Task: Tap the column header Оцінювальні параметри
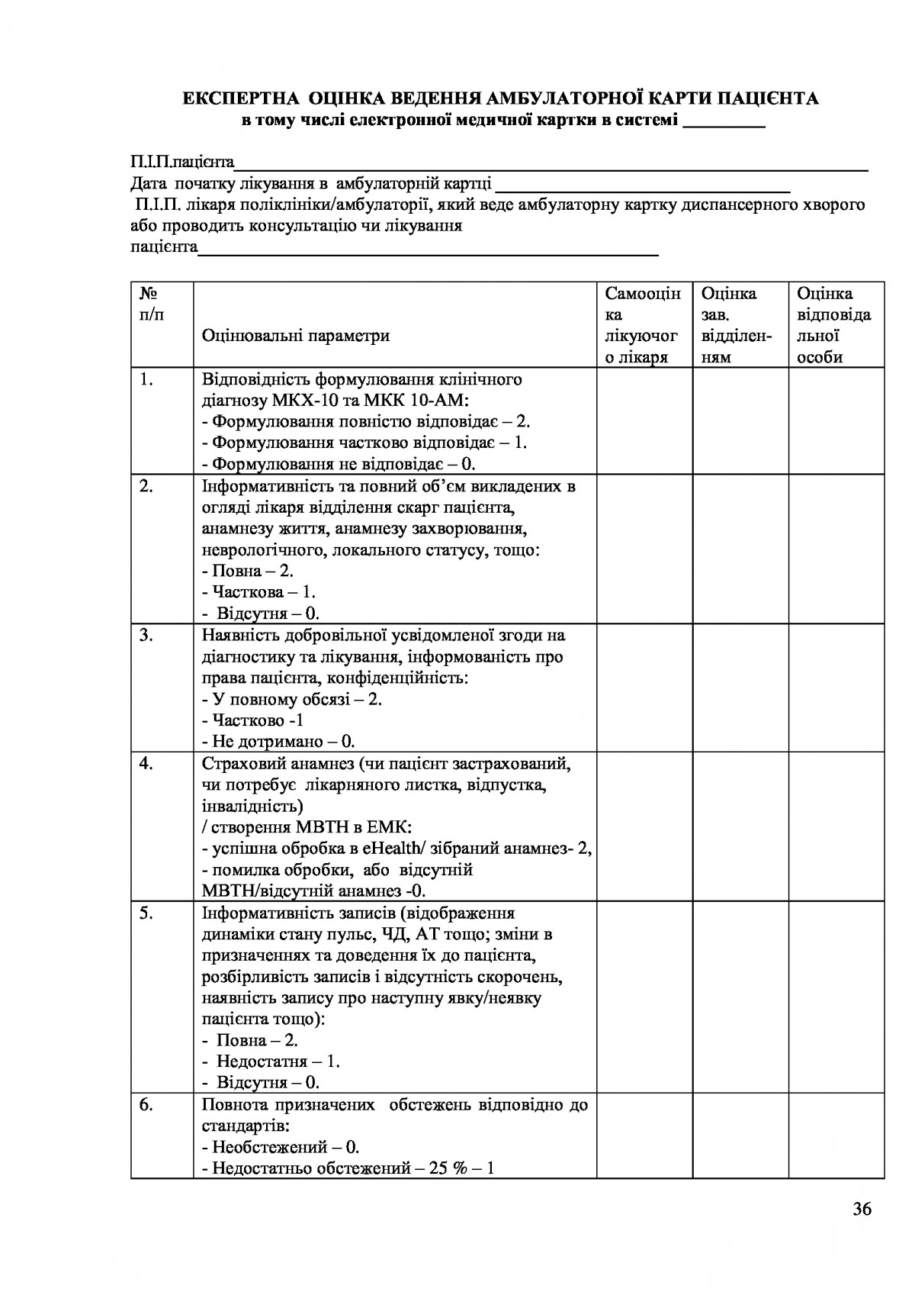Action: [x=296, y=336]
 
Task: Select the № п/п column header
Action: [x=151, y=304]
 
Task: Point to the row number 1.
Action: [x=147, y=379]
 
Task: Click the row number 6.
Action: [x=147, y=1105]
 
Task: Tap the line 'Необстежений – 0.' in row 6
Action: [x=280, y=1147]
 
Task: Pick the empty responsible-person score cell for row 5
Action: [x=836, y=997]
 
